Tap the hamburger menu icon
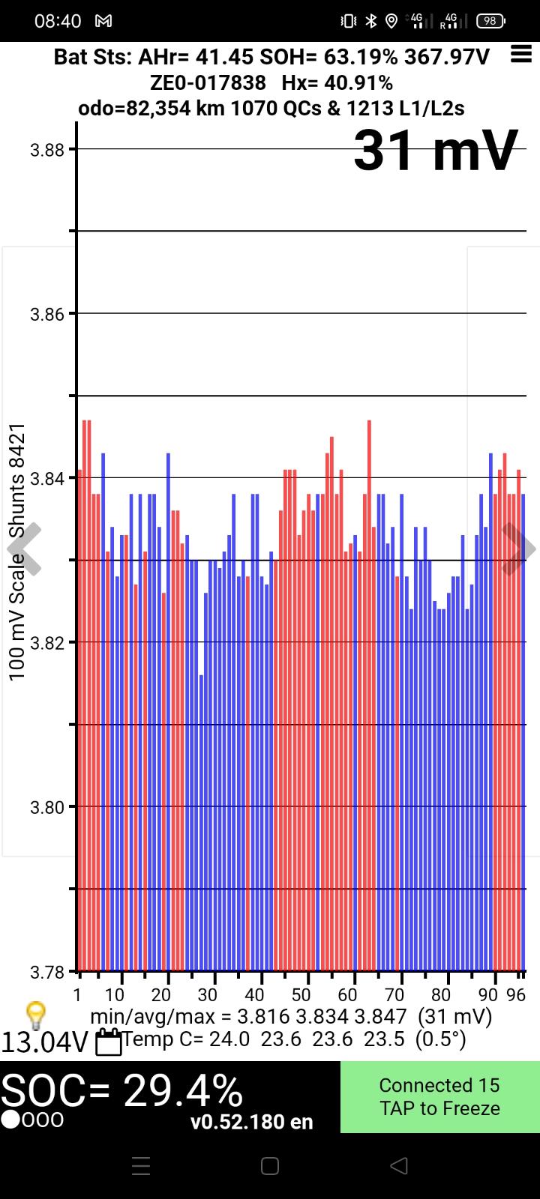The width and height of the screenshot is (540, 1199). pos(520,54)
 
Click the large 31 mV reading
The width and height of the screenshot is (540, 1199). pos(436,151)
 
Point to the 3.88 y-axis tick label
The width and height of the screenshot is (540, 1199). pos(46,149)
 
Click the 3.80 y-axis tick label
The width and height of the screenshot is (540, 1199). pos(46,807)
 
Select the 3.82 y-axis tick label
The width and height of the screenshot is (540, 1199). pos(46,642)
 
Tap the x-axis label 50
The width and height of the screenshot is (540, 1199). pos(301,994)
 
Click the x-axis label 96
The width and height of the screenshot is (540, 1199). pos(516,994)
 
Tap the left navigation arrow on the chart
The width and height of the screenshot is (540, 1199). pos(24,549)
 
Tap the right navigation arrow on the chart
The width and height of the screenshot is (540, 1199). pos(517,549)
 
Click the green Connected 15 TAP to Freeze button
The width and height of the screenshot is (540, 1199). pos(439,1096)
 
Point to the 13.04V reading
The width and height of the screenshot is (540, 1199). pos(45,1042)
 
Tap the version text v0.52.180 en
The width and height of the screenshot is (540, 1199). pos(251,1122)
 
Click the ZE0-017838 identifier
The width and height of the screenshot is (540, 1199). pos(208,82)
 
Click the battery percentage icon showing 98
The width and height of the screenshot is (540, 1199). pos(490,21)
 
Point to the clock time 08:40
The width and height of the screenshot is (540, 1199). pos(58,21)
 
